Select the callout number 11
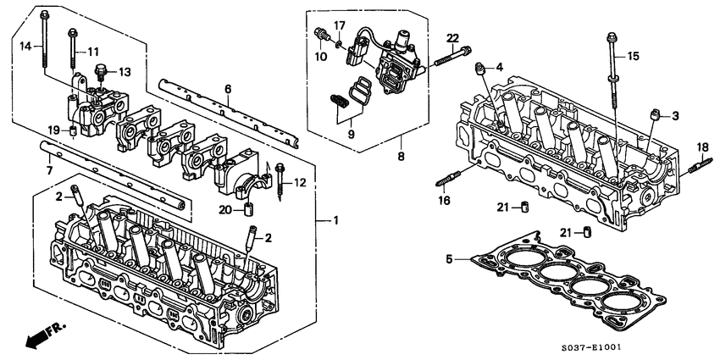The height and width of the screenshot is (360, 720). coord(93,53)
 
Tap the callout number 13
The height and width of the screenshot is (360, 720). coord(125,71)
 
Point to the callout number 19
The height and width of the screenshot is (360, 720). coord(53,130)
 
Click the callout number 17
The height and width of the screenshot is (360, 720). coord(339,25)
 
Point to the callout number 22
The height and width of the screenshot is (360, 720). coord(452,38)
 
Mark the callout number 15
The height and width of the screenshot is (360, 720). coord(633,57)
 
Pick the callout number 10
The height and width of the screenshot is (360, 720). coord(323,56)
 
